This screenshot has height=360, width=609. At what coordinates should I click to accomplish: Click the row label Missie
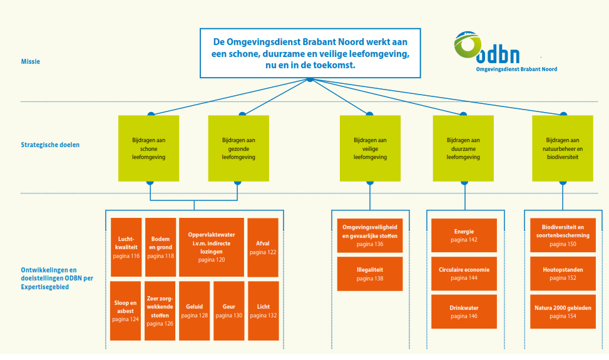[x=31, y=61]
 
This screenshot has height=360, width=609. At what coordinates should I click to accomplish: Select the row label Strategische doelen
[x=50, y=145]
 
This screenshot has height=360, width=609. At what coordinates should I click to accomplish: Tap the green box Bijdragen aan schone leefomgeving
[x=148, y=148]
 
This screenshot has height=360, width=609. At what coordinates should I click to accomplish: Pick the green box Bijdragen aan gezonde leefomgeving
[x=238, y=148]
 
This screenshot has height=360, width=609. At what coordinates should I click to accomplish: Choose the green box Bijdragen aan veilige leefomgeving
[x=370, y=148]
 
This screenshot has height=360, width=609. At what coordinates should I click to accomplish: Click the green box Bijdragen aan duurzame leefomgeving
[x=463, y=148]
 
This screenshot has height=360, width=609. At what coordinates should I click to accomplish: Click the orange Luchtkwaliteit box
[x=126, y=247]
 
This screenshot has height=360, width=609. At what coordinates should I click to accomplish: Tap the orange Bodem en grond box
[x=161, y=247]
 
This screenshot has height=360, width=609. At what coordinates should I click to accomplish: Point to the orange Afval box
[x=263, y=247]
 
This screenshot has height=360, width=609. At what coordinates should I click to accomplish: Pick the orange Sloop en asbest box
[x=126, y=311]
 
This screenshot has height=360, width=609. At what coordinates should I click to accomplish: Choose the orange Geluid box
[x=194, y=311]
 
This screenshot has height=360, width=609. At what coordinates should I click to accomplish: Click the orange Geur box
[x=228, y=311]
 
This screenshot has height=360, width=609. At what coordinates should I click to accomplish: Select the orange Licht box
[x=263, y=311]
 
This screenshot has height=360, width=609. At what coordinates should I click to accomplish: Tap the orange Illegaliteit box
[x=370, y=274]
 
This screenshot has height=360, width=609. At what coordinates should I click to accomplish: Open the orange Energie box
[x=464, y=235]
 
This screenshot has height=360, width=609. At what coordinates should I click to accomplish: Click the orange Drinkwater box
[x=464, y=312]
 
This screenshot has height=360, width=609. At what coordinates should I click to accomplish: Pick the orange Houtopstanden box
[x=563, y=274]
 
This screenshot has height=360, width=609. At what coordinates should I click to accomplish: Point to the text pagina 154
[x=563, y=316]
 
